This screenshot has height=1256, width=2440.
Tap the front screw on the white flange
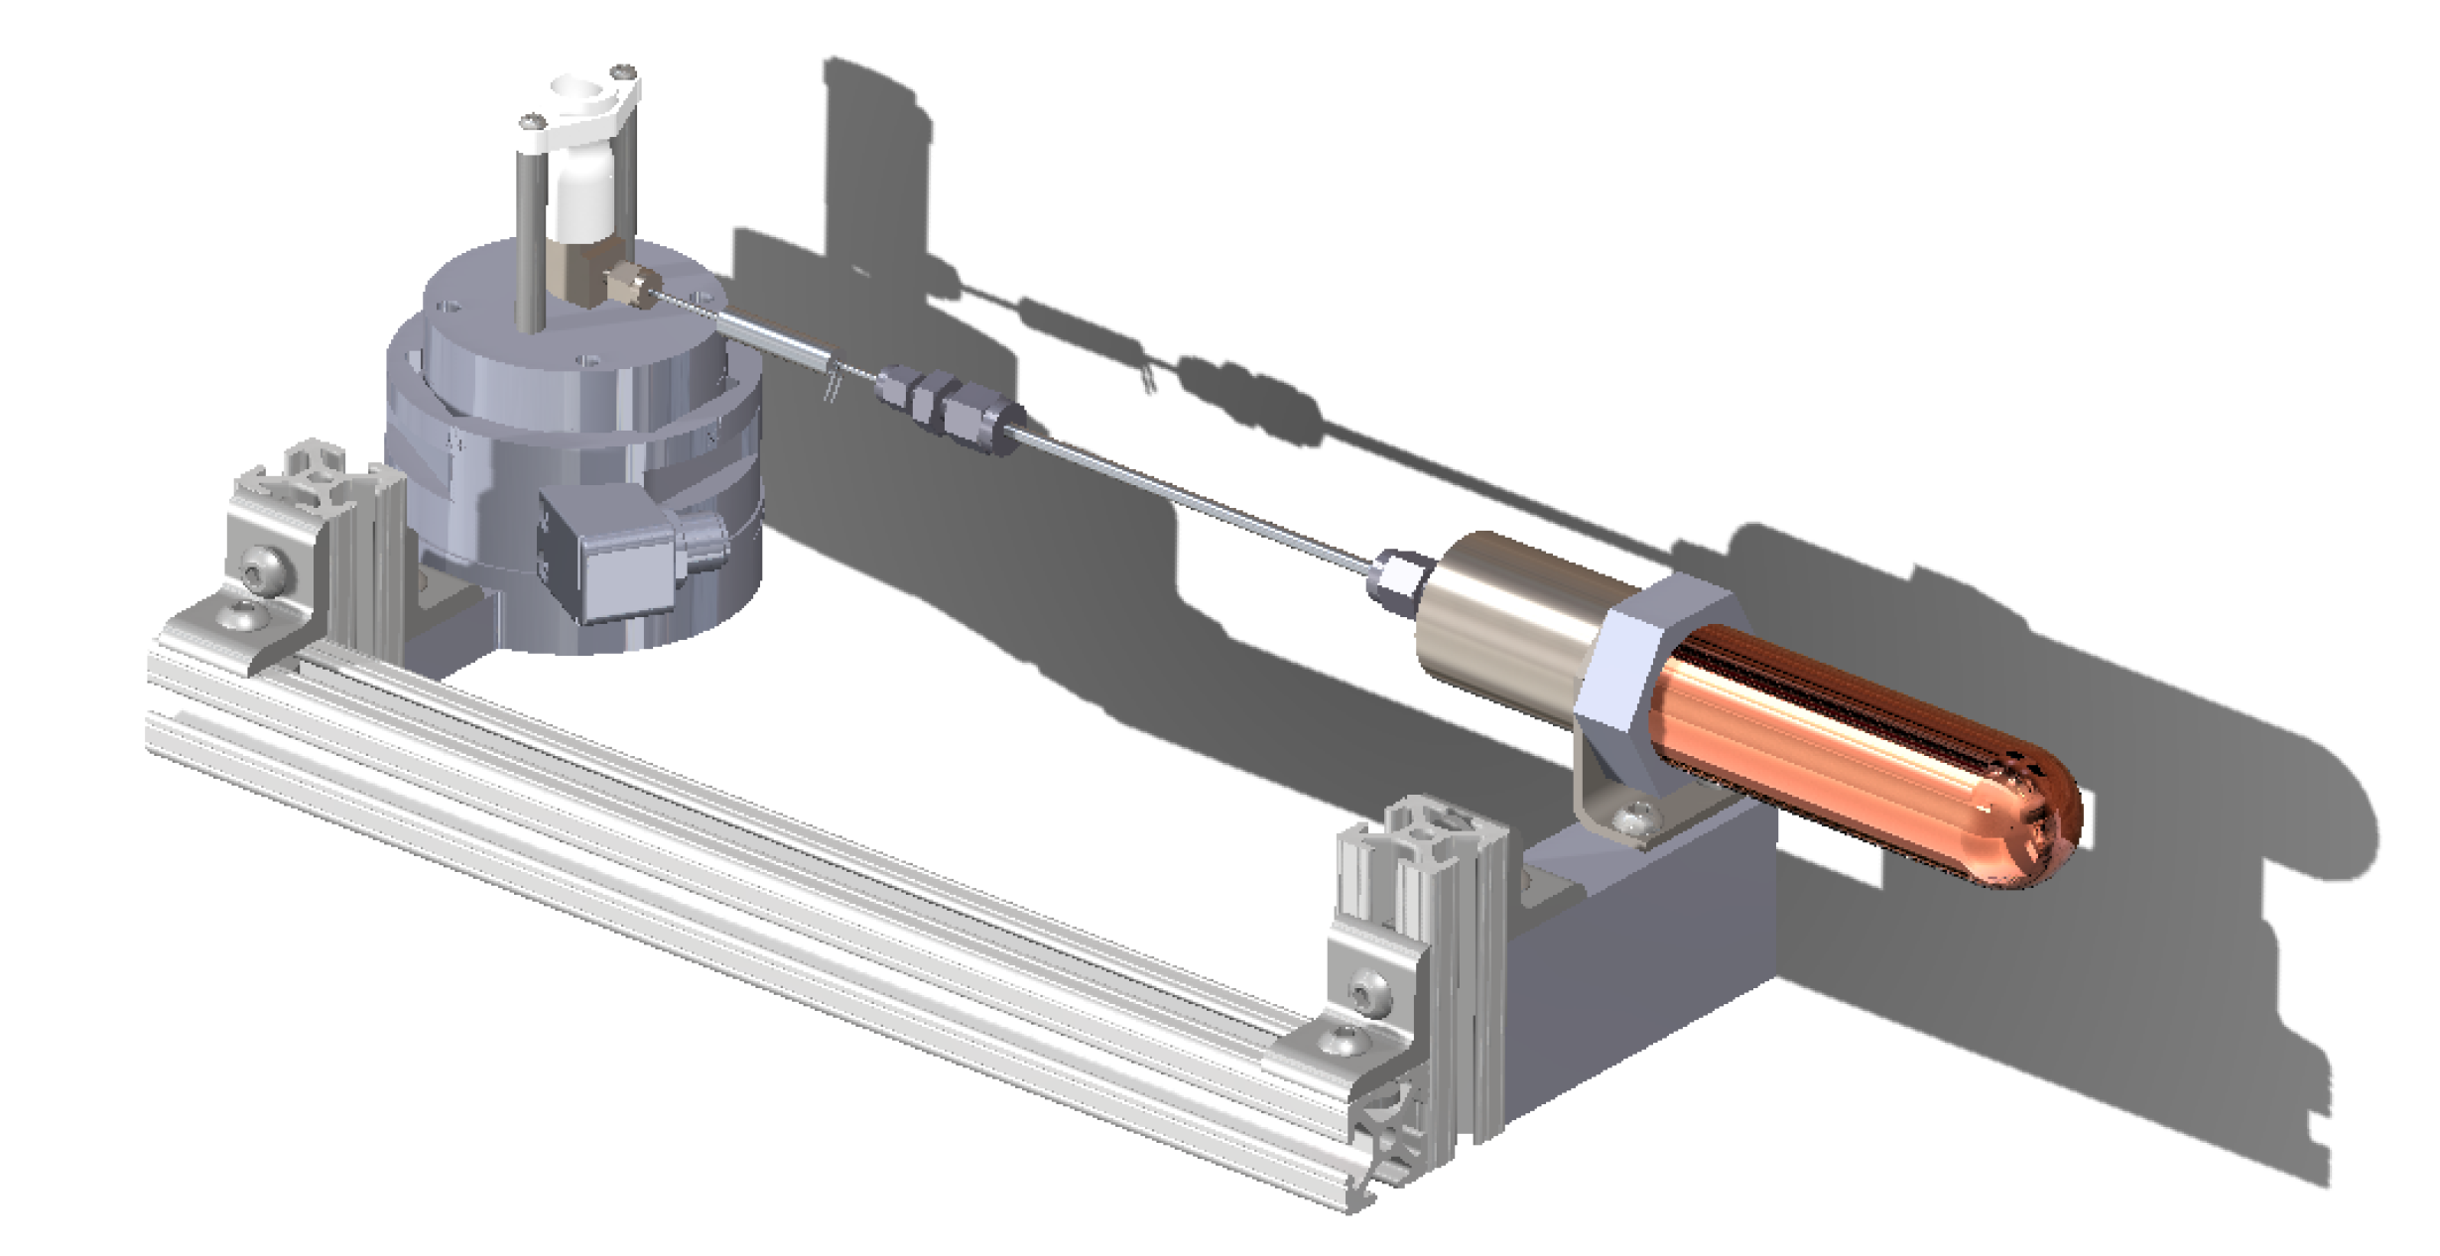point(532,122)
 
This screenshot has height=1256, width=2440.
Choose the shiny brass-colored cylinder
point(1498,605)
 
